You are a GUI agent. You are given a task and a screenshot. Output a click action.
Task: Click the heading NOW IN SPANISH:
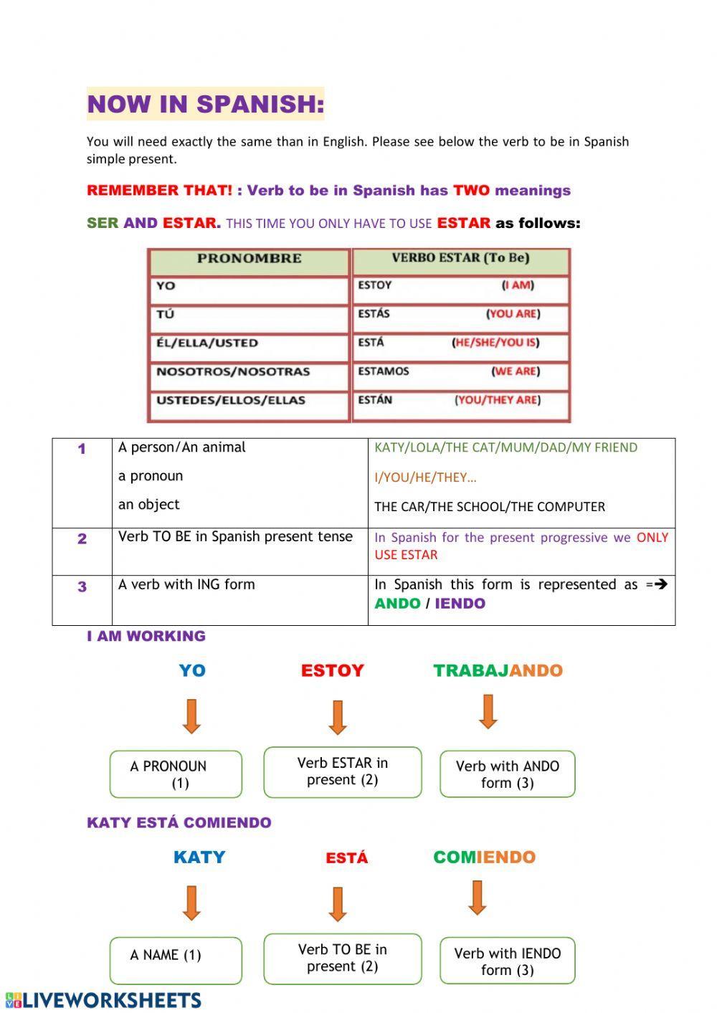[x=205, y=104]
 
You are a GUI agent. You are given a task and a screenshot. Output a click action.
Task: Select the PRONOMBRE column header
[x=249, y=259]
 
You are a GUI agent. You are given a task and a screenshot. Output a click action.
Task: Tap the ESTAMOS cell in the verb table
[x=384, y=371]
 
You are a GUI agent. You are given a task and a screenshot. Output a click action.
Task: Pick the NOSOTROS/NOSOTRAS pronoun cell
[x=233, y=371]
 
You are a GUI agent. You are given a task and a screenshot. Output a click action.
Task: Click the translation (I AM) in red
[x=518, y=285]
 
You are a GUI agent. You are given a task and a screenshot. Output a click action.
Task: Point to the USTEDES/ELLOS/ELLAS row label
[x=231, y=400]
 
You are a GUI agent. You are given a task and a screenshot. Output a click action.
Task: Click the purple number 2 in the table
[x=82, y=539]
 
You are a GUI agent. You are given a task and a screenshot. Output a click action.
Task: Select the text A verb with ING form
[x=186, y=584]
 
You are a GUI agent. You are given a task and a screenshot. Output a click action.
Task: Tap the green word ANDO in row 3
[x=397, y=604]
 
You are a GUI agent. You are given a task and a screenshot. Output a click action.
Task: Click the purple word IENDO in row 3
[x=460, y=604]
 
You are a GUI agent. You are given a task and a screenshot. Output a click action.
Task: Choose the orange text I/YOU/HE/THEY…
[x=425, y=477]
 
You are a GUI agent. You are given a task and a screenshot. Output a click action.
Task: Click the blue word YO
[x=192, y=671]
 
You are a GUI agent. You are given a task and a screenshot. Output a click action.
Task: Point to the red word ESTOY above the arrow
[x=333, y=671]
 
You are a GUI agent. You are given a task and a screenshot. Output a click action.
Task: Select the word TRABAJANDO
[x=498, y=671]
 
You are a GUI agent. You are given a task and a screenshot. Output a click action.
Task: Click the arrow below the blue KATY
[x=191, y=903]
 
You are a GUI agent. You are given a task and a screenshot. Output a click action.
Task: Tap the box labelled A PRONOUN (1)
[x=176, y=774]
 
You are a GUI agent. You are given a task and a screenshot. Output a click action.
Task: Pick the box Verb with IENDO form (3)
[x=507, y=961]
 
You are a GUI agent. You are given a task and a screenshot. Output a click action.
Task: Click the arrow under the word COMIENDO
[x=478, y=898]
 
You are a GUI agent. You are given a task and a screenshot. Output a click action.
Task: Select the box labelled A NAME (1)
[x=176, y=960]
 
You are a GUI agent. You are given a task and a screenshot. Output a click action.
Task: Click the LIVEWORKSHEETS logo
[x=104, y=1000]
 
